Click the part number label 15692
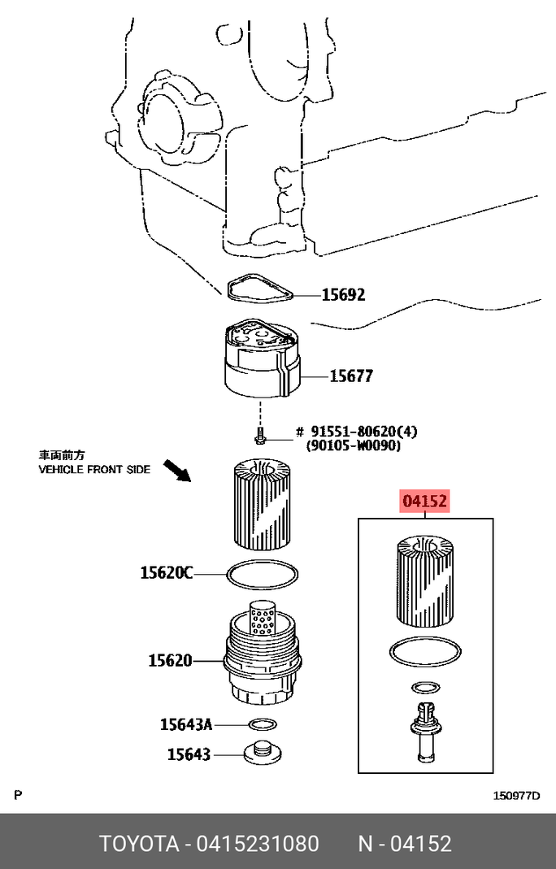tap(343, 295)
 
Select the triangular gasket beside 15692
tap(259, 287)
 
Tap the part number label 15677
tap(351, 376)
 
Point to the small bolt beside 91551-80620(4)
tap(259, 437)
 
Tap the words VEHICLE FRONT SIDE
tap(94, 469)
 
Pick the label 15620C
tap(167, 574)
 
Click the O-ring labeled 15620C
tap(261, 575)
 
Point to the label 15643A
tap(185, 723)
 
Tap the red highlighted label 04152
tap(424, 502)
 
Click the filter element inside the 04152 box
tap(424, 581)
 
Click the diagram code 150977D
tap(516, 796)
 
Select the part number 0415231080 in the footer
tap(258, 843)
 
